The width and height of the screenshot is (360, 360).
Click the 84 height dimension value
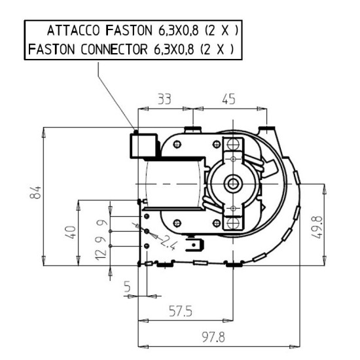(x=35, y=192)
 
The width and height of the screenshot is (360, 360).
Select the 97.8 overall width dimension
(x=213, y=337)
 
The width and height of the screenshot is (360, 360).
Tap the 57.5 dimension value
(x=181, y=312)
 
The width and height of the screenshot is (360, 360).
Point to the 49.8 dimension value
(x=317, y=227)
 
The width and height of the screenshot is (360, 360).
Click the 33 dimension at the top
(x=164, y=99)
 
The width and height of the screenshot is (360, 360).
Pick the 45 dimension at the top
(x=228, y=99)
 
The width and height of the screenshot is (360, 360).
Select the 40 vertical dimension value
(x=71, y=232)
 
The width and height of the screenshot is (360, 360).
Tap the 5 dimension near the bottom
(x=127, y=287)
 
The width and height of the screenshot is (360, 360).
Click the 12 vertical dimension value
(x=101, y=255)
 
